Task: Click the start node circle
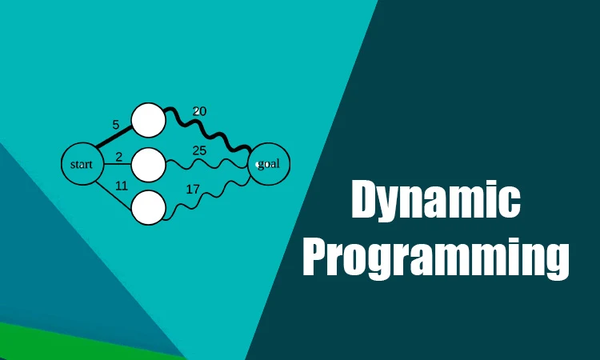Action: pyautogui.click(x=82, y=165)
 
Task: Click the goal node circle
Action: pyautogui.click(x=269, y=164)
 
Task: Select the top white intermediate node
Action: pyautogui.click(x=148, y=120)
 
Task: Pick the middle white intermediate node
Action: pyautogui.click(x=148, y=165)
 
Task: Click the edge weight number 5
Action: pyautogui.click(x=116, y=125)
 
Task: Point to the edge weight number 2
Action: pyautogui.click(x=118, y=157)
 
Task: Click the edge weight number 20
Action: pyautogui.click(x=200, y=111)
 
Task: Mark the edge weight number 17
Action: pyautogui.click(x=193, y=190)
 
